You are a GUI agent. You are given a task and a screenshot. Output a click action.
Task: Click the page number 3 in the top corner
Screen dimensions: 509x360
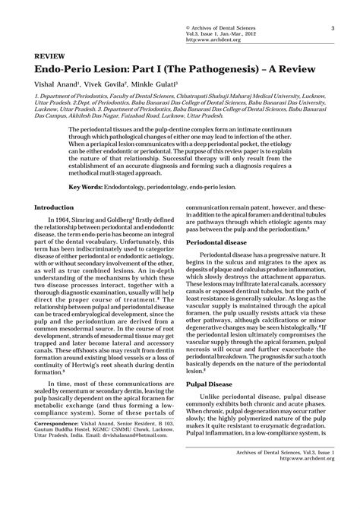pyautogui.click(x=333, y=29)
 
